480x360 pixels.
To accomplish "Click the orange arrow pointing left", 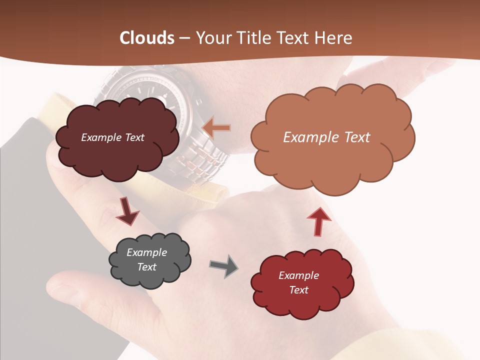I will click(216, 128).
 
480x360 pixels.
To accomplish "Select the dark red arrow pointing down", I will click(127, 212).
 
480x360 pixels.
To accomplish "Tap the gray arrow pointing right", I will click(224, 265).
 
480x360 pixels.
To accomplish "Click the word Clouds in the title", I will click(146, 38).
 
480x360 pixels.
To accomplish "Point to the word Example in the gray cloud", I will click(146, 252).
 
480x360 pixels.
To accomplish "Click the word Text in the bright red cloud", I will click(298, 290).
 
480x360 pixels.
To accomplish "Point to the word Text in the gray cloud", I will click(146, 267).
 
